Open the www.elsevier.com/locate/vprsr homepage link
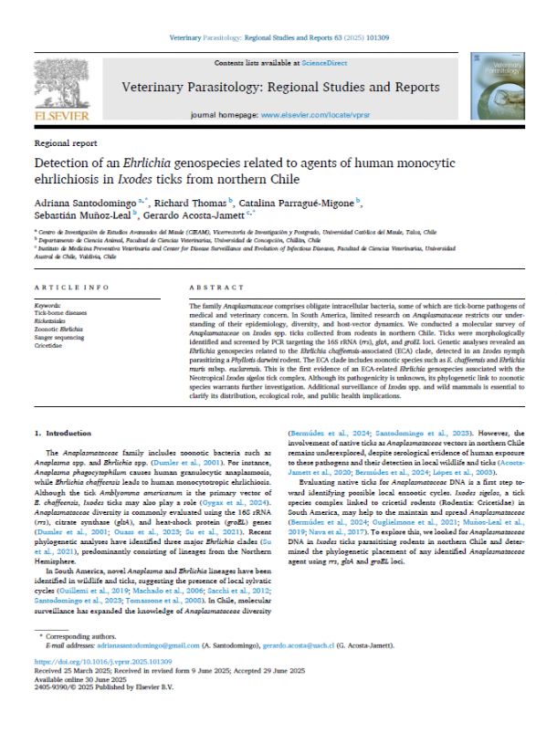pyautogui.click(x=310, y=118)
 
